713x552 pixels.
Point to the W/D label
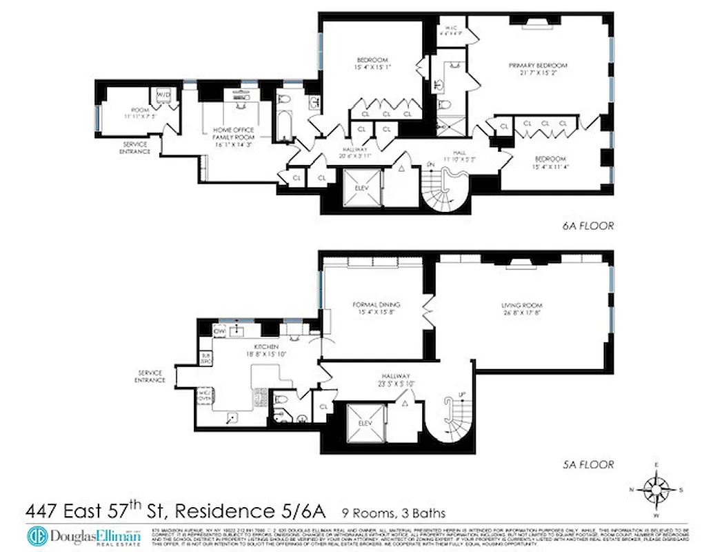pyautogui.click(x=164, y=95)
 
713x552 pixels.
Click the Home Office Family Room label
pyautogui.click(x=233, y=134)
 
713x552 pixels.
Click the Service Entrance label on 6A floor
pyautogui.click(x=135, y=148)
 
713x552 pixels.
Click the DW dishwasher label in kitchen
pyautogui.click(x=220, y=332)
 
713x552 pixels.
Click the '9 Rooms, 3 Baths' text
pyautogui.click(x=394, y=513)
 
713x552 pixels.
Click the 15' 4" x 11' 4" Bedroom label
pyautogui.click(x=550, y=162)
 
